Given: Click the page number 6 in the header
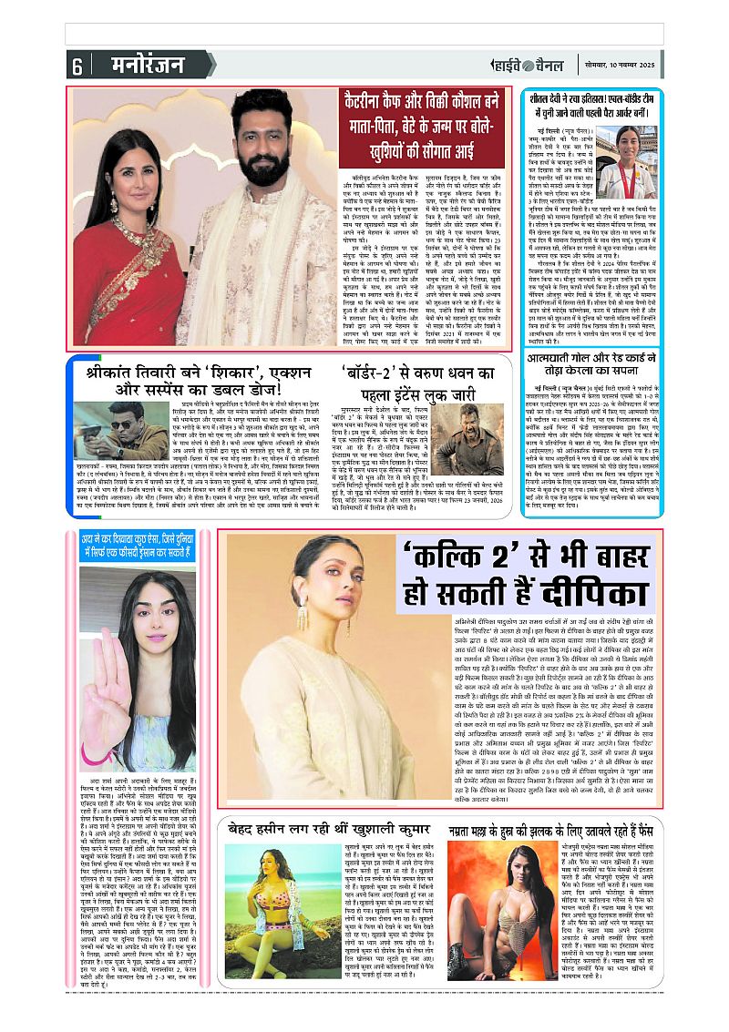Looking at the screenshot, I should click(x=77, y=66).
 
